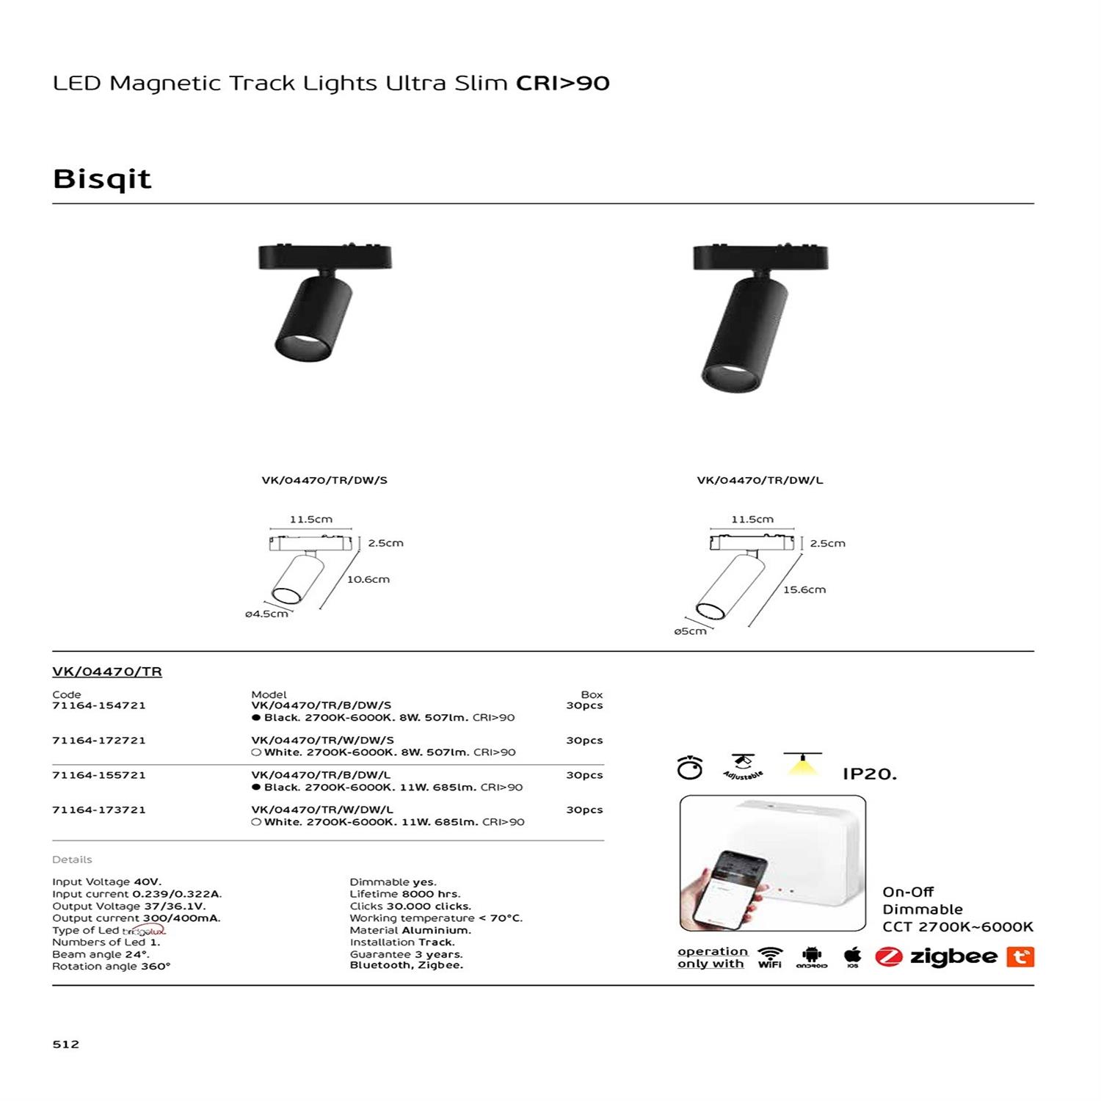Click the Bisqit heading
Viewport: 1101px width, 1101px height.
102,179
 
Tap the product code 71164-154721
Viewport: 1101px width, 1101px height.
99,705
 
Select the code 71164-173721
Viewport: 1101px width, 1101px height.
99,810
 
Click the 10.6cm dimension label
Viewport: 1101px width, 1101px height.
368,579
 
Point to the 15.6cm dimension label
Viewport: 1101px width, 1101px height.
804,589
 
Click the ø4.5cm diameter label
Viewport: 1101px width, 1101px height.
266,614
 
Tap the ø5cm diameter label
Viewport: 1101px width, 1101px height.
691,631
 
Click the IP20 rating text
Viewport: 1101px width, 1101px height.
870,774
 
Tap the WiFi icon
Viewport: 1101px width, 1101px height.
770,956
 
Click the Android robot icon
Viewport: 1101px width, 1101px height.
812,956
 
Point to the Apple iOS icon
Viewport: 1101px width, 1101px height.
852,956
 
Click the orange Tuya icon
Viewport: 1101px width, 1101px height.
1020,956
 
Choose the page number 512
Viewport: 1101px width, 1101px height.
66,1044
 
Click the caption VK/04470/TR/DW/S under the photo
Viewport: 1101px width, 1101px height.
324,480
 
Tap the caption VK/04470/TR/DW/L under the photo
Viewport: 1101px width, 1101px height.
760,480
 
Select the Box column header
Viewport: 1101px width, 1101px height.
592,694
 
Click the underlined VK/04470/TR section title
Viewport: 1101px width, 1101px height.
107,672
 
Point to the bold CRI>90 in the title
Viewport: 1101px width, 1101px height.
563,84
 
